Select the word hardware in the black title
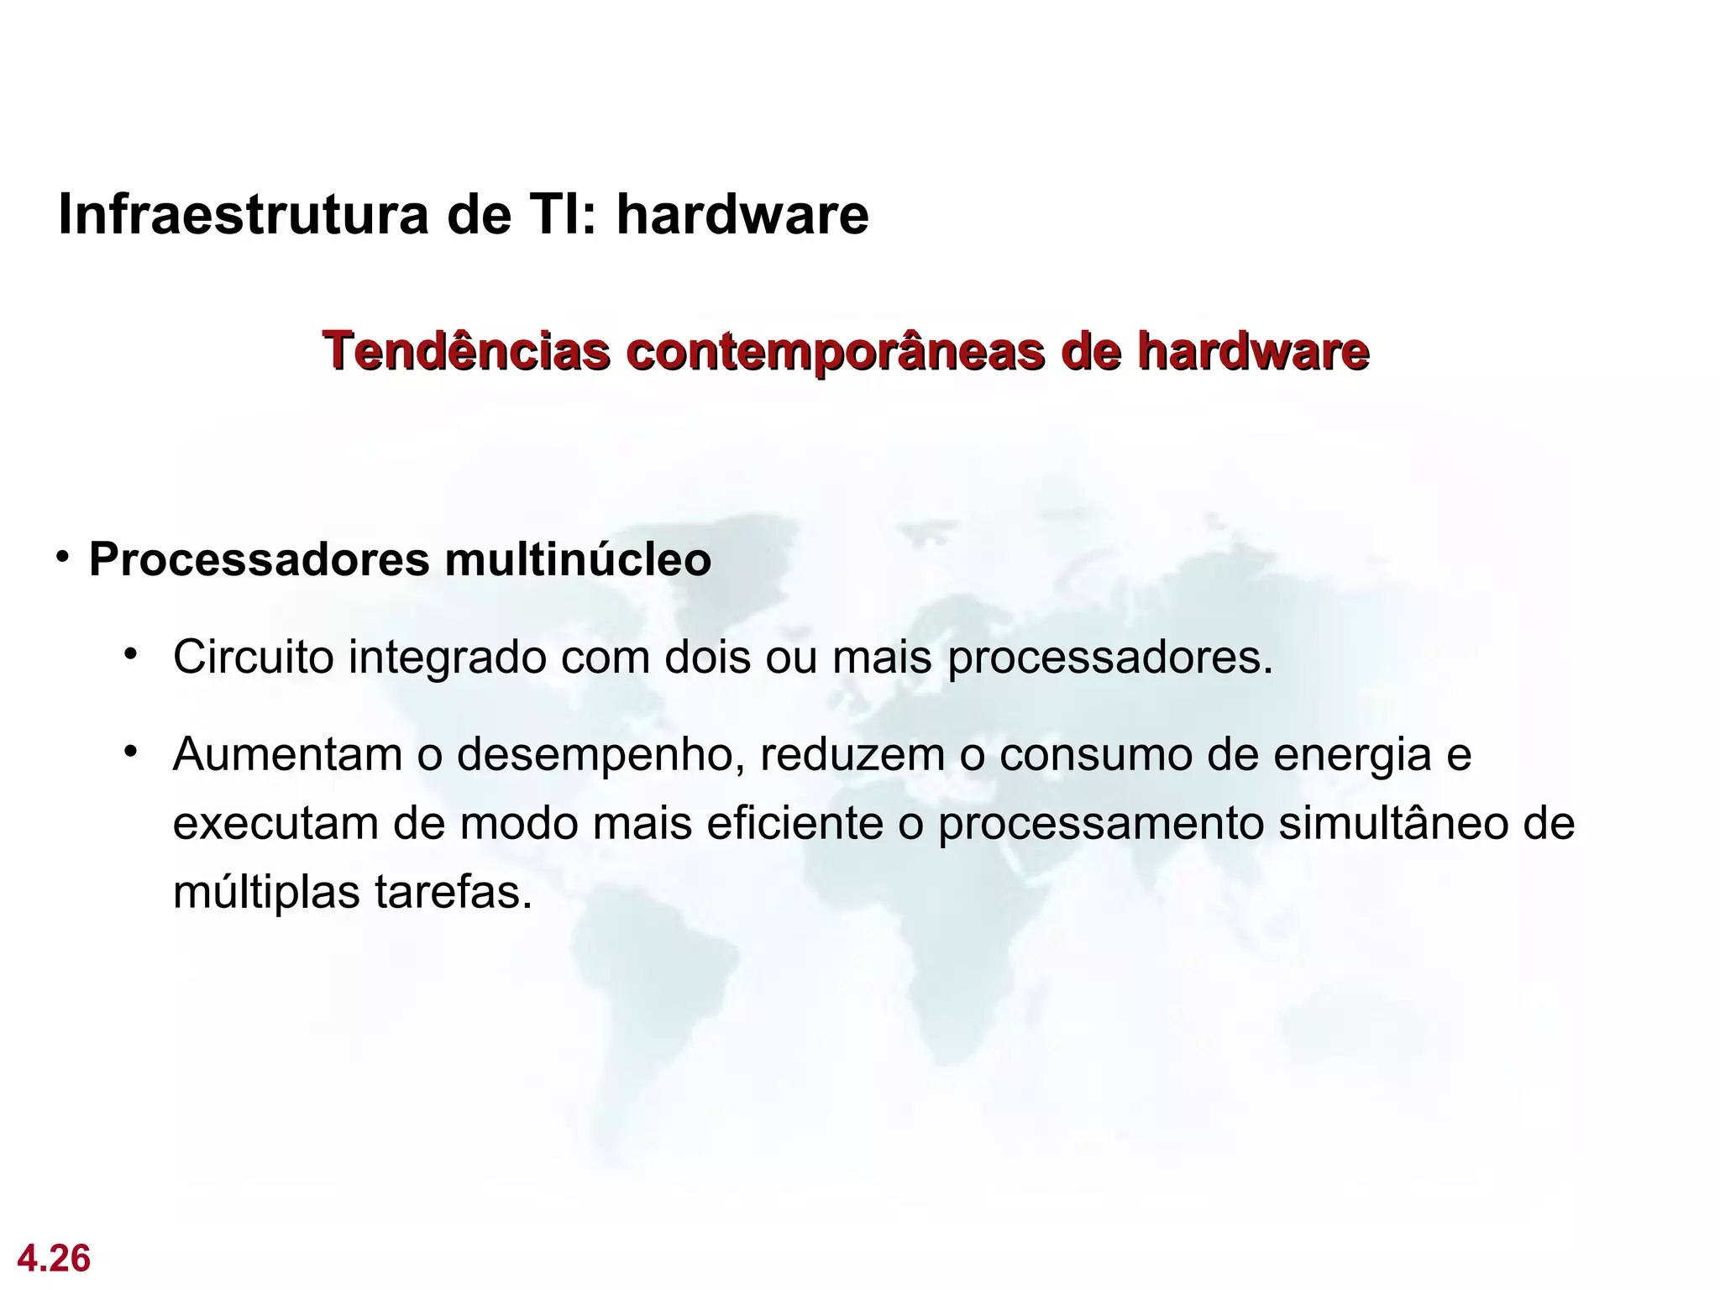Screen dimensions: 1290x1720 pyautogui.click(x=742, y=215)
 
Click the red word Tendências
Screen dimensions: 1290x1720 pyautogui.click(x=467, y=351)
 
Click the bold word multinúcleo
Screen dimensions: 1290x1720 pyautogui.click(x=578, y=560)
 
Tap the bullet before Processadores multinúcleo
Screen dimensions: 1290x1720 pyautogui.click(x=63, y=558)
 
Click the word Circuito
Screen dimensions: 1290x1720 pyautogui.click(x=254, y=658)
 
